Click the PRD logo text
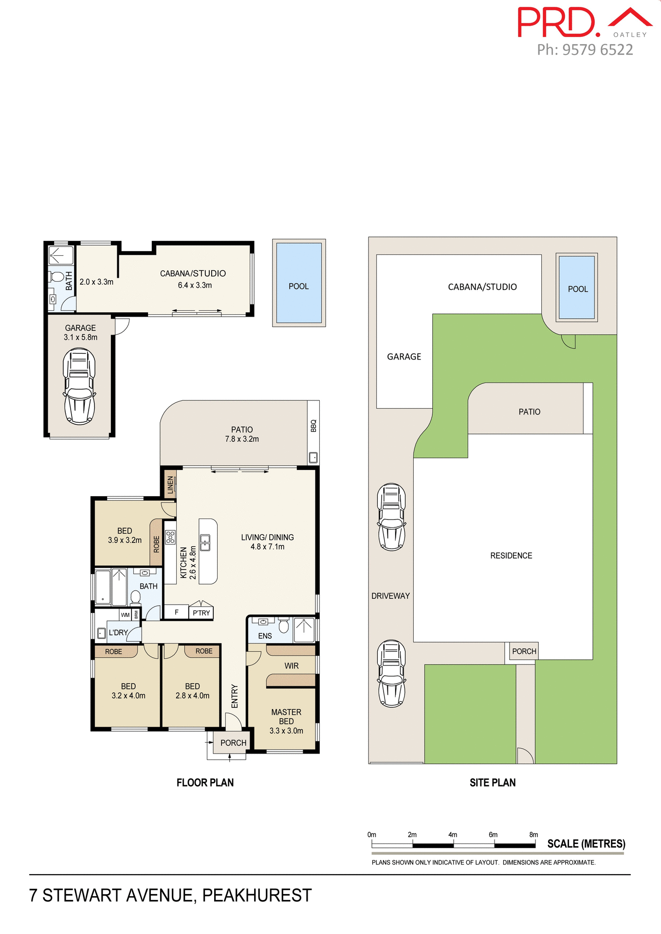pyautogui.click(x=557, y=22)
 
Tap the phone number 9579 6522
pyautogui.click(x=597, y=50)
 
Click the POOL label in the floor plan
pyautogui.click(x=298, y=287)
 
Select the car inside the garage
pyautogui.click(x=79, y=386)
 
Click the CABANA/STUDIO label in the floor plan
pyautogui.click(x=193, y=273)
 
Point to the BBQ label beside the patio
pyautogui.click(x=313, y=426)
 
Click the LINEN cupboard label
pyautogui.click(x=170, y=485)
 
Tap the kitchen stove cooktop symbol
pyautogui.click(x=170, y=537)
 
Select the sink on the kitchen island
pyautogui.click(x=205, y=542)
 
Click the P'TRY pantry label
pyautogui.click(x=201, y=613)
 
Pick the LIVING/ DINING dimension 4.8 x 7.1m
pyautogui.click(x=267, y=547)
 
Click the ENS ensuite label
pyautogui.click(x=265, y=636)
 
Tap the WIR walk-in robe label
pyautogui.click(x=291, y=666)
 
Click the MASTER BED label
pyautogui.click(x=286, y=717)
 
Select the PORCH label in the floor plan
pyautogui.click(x=233, y=743)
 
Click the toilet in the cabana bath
pyautogui.click(x=57, y=277)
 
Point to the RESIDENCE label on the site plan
pyautogui.click(x=511, y=556)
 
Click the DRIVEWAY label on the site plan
pyautogui.click(x=390, y=596)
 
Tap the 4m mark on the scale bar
pyautogui.click(x=453, y=835)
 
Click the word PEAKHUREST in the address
pyautogui.click(x=257, y=896)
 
